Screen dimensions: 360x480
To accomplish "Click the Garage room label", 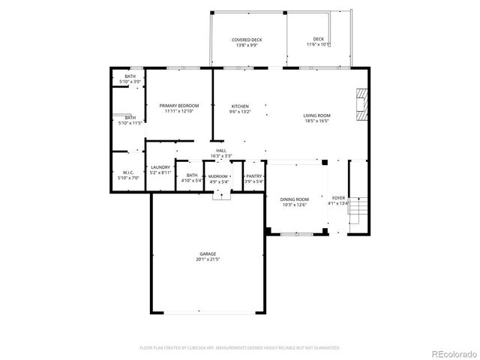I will point(208,255).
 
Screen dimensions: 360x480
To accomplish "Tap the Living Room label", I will point(316,115).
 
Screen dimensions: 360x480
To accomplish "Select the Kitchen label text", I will point(239,106).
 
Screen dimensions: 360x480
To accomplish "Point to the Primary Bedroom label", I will point(178,106).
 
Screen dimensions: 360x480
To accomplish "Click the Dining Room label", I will point(295,199).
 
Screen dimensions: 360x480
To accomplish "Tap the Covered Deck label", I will point(247,40).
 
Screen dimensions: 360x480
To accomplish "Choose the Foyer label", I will point(339,198).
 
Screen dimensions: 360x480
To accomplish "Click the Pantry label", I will point(254,175).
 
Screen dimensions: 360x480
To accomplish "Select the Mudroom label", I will point(218,175).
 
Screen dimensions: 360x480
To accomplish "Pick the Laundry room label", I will point(160,167).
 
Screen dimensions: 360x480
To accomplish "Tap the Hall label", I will point(221,151).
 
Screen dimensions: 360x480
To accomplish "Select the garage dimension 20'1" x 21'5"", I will point(208,259).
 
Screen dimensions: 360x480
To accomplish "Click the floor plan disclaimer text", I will point(240,347).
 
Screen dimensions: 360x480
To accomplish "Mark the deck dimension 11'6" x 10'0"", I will point(319,44).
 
